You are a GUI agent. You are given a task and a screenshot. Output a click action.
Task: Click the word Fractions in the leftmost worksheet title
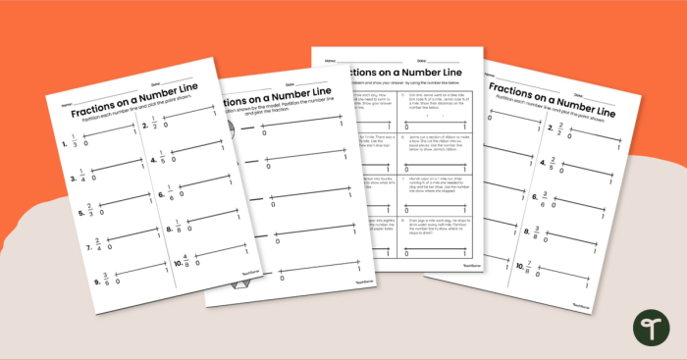(95, 110)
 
